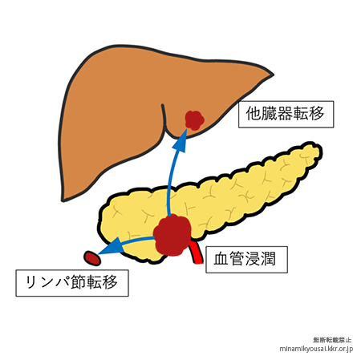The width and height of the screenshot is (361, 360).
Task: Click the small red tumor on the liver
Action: [195, 120]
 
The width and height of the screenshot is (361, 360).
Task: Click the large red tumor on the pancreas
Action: [172, 235]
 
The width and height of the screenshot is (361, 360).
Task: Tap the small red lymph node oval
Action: [92, 258]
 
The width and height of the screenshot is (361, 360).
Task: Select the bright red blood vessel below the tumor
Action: [197, 253]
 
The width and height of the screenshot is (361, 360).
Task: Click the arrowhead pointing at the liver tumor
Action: [180, 142]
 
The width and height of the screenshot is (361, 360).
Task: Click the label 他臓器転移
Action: [286, 114]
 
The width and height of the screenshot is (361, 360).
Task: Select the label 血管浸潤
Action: [245, 259]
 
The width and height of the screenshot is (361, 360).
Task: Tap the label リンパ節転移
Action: [71, 282]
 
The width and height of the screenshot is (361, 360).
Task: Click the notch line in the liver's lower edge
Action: [164, 118]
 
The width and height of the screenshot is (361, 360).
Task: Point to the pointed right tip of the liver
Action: [273, 75]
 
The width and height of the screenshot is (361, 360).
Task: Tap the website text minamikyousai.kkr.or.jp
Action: [316, 349]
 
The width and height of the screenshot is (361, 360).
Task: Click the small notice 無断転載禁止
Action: [332, 340]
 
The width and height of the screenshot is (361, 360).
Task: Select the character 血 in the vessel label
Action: [221, 259]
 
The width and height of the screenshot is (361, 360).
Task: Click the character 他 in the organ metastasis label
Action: [254, 114]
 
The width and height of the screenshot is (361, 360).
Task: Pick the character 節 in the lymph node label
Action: [79, 282]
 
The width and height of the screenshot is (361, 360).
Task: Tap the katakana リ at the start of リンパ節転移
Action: [32, 282]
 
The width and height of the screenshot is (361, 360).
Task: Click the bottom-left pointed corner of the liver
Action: [63, 200]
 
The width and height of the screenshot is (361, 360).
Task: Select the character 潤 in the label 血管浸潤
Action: [268, 259]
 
